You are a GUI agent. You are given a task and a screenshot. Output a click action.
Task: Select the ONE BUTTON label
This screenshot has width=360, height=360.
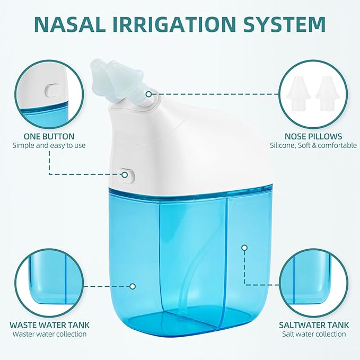(49, 136)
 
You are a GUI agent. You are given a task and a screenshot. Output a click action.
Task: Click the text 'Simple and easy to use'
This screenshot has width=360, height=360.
(49, 145)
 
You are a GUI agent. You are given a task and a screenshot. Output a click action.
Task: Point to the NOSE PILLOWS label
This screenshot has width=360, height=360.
(313, 136)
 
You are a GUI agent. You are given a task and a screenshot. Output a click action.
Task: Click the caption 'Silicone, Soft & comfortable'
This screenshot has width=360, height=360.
(313, 145)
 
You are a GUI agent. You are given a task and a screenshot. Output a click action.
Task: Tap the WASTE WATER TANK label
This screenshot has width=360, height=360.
(49, 324)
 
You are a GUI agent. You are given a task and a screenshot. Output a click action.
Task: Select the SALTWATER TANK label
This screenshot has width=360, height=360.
(312, 324)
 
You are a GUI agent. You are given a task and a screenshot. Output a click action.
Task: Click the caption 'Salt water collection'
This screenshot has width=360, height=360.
(312, 334)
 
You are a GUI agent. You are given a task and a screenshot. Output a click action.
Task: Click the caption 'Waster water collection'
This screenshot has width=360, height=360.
(49, 334)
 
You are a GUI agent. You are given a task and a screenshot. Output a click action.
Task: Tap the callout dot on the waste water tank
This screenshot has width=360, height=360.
(133, 286)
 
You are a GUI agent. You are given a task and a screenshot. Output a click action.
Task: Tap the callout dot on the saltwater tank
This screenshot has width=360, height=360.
(244, 247)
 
